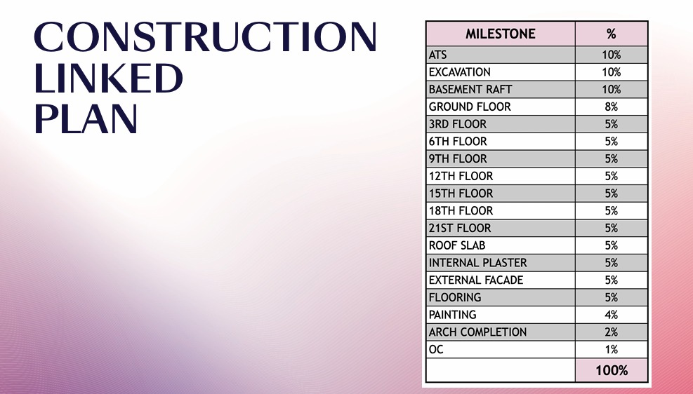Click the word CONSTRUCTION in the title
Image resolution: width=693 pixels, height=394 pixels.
205,38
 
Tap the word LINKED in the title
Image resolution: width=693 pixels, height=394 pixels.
108,79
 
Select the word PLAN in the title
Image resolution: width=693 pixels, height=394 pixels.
85,119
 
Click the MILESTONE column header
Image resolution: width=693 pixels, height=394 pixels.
500,34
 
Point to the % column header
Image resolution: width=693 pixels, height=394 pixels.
611,34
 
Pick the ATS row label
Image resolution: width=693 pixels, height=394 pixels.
437,55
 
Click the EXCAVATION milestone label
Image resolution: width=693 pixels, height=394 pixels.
459,72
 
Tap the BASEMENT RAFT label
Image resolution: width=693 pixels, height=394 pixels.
470,90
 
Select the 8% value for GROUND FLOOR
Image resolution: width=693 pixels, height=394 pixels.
611,107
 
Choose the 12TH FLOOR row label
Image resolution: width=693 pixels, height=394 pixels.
461,176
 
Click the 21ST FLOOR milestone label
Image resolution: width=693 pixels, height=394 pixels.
460,228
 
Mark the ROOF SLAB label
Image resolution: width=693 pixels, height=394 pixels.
456,245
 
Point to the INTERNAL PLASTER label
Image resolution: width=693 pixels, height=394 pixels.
477,263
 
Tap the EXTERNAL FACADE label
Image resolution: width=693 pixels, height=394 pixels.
475,280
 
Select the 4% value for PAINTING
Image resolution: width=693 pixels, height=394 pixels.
611,315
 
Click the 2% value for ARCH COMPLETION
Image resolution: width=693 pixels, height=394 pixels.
611,332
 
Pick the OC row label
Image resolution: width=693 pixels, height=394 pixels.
436,350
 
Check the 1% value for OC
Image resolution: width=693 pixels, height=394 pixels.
611,350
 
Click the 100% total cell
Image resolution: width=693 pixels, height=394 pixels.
611,370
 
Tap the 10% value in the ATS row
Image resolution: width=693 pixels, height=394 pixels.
611,55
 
